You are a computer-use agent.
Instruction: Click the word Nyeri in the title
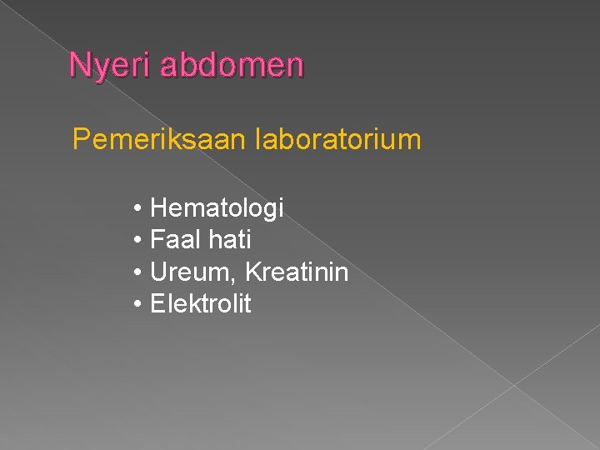pos(109,66)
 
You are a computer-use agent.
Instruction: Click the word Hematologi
pos(217,208)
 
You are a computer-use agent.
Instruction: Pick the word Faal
pos(175,240)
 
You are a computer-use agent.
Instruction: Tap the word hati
pos(229,240)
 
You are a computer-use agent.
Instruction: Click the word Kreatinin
pos(297,272)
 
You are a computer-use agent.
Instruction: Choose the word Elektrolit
pos(200,304)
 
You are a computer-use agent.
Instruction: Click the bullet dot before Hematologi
pos(137,208)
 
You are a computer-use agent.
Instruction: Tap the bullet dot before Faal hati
pos(137,241)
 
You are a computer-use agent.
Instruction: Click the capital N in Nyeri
pos(78,64)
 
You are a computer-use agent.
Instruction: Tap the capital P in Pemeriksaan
pos(81,139)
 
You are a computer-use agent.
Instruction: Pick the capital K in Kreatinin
pos(254,272)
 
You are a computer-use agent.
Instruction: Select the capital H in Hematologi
pos(158,207)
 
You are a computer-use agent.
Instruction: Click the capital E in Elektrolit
pos(157,304)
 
